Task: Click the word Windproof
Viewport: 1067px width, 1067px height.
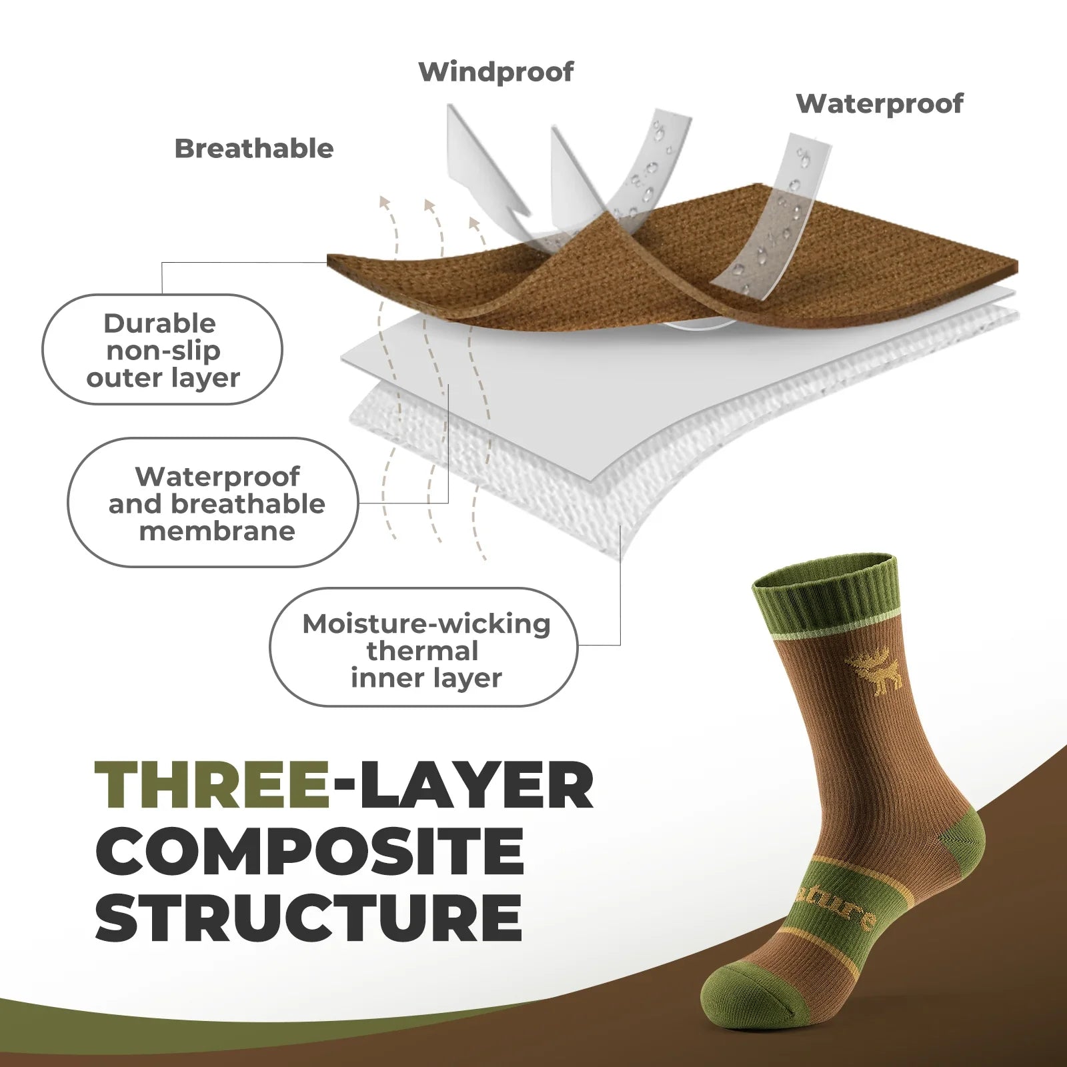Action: click(x=495, y=72)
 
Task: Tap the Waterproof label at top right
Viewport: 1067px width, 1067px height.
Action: click(x=879, y=103)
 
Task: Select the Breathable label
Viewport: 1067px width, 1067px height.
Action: click(x=253, y=149)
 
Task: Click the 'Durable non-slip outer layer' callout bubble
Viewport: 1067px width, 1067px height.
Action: click(x=162, y=349)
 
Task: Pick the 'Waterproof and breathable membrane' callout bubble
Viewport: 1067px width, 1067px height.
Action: click(x=213, y=503)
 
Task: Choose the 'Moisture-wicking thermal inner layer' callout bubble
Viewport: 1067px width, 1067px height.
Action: click(x=424, y=648)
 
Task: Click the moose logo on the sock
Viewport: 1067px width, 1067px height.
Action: click(x=874, y=670)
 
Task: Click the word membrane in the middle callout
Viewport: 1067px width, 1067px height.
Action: click(x=217, y=531)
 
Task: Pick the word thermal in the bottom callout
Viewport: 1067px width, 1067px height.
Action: click(x=422, y=651)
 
